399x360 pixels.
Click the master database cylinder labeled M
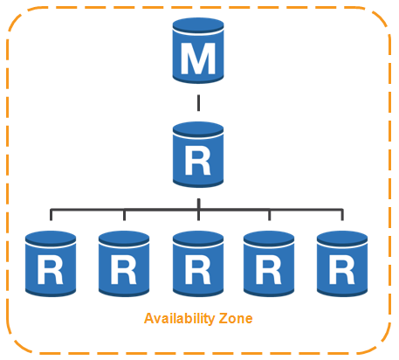click(x=198, y=51)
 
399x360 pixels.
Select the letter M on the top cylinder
click(x=198, y=59)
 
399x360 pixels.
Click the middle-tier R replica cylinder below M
click(x=198, y=155)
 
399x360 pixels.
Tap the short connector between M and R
click(x=198, y=103)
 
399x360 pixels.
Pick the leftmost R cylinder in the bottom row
click(x=51, y=264)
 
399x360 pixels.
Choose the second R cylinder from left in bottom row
click(x=124, y=264)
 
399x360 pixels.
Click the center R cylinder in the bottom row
click(x=198, y=264)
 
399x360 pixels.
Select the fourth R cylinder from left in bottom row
click(x=269, y=264)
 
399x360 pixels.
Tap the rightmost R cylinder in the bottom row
click(x=342, y=264)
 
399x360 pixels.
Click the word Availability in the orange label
click(x=179, y=319)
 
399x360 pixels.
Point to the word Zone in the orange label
click(x=236, y=318)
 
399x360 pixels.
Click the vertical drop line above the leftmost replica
click(x=51, y=215)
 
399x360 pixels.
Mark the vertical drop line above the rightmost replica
click(x=342, y=215)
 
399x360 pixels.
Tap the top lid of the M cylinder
click(x=198, y=25)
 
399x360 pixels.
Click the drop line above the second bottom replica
click(x=124, y=215)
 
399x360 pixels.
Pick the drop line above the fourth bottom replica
click(x=270, y=215)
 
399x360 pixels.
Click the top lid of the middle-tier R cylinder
click(x=198, y=129)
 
